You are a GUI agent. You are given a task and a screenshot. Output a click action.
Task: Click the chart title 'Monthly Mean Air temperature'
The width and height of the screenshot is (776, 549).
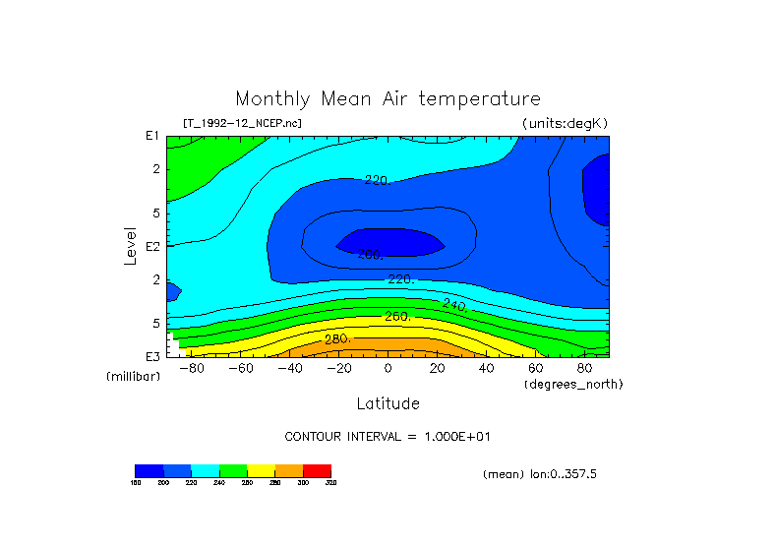pos(388,99)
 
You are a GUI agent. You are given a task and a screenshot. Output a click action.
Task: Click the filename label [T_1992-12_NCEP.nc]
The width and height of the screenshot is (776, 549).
pos(242,123)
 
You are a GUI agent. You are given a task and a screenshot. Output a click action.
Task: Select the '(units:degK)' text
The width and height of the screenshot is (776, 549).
pos(565,123)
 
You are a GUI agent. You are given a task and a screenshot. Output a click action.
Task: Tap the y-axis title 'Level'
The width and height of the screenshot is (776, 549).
pos(130,243)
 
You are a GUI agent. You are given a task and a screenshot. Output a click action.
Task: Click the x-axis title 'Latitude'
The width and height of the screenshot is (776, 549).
pos(388,403)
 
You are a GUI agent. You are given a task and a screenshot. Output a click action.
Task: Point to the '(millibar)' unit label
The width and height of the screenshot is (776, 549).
pos(133,377)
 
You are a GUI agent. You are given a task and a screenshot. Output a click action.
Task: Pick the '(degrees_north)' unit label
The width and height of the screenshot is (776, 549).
pos(573,384)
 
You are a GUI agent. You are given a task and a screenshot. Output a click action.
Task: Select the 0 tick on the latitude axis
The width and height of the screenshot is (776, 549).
pos(388,368)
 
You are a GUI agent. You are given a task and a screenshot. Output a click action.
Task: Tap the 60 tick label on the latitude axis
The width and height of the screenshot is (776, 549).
pos(535,368)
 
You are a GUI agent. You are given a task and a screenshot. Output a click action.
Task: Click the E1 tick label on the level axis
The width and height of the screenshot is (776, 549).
pos(152,136)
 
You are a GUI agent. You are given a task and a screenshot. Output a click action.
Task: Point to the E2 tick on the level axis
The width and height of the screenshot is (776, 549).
pos(152,246)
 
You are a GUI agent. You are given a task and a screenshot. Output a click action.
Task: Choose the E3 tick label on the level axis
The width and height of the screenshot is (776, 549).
pos(152,356)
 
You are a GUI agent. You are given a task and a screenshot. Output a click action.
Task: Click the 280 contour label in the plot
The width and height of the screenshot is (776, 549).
pos(337,339)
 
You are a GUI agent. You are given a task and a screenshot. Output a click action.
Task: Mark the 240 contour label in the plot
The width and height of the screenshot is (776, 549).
pos(454,305)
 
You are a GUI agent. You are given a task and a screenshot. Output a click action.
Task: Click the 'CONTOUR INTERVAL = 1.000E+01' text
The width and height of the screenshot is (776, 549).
pos(388,436)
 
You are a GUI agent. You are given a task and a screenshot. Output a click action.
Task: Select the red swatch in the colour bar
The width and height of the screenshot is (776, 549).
pos(317,470)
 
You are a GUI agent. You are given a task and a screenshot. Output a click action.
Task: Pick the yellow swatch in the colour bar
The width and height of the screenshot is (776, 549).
pos(261,470)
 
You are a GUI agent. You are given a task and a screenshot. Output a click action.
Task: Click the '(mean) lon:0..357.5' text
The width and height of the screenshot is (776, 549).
pos(540,474)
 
